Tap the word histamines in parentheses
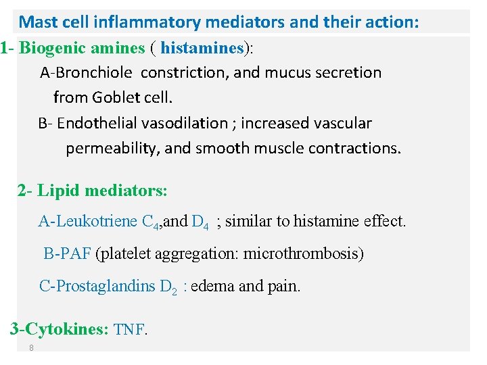(x=202, y=49)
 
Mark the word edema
(x=214, y=287)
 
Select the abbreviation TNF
(x=129, y=330)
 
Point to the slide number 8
(x=31, y=348)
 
